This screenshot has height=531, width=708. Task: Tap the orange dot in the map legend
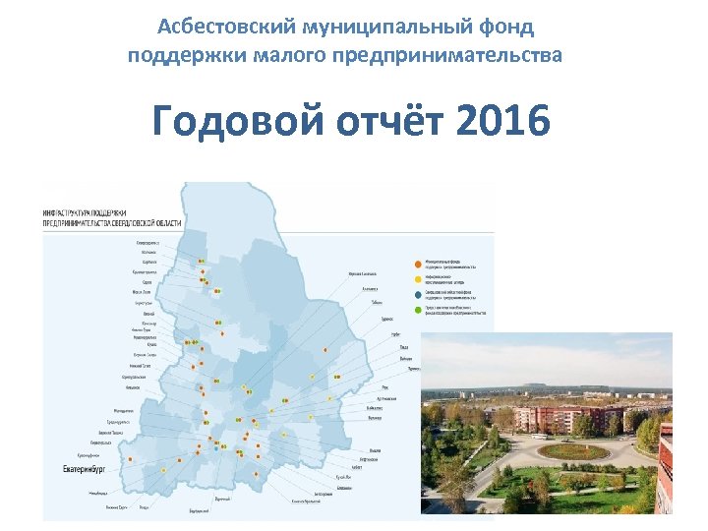(418, 263)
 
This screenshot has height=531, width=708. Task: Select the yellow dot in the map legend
(418, 277)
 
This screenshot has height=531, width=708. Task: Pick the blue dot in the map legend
(418, 294)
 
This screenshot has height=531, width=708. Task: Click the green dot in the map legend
(418, 312)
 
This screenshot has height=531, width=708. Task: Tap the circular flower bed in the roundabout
(574, 451)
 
